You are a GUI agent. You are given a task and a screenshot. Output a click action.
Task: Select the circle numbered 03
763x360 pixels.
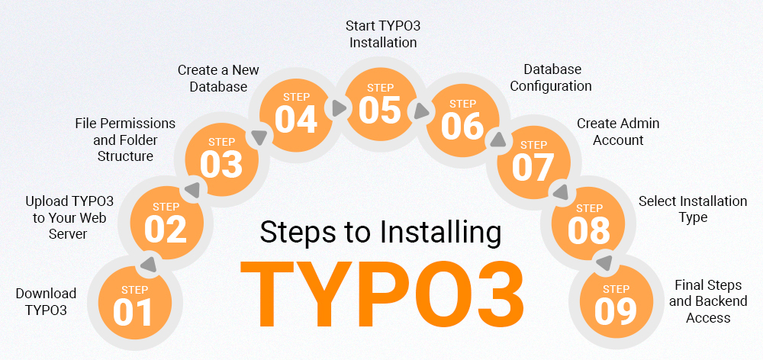[222, 157]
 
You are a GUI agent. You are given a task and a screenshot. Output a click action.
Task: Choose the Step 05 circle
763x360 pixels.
[380, 104]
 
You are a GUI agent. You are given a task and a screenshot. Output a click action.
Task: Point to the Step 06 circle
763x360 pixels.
[463, 119]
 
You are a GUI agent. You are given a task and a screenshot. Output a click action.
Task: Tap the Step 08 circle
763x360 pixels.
[588, 222]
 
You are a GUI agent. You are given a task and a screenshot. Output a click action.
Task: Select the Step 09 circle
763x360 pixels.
[616, 304]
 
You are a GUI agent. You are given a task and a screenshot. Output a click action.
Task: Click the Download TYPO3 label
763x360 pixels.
[46, 302]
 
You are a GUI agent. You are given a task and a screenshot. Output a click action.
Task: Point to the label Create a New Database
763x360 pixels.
[218, 79]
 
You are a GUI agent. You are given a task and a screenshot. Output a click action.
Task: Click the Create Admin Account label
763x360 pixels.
[618, 131]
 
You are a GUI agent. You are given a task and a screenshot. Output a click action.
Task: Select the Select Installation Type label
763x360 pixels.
[693, 209]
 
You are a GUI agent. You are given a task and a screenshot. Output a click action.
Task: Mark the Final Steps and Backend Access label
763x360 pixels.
[708, 301]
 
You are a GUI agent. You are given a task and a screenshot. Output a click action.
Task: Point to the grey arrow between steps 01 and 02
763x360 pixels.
[147, 264]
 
